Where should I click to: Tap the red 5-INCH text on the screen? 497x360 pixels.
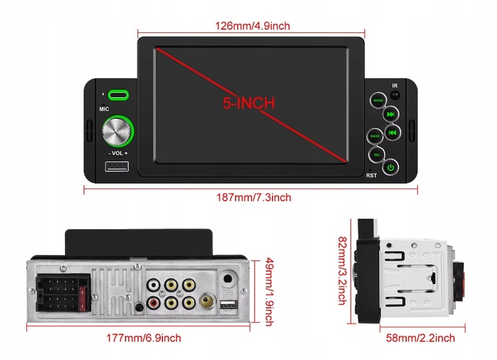(248, 103)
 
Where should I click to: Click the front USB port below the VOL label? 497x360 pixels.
(117, 167)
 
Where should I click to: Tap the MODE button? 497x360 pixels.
(378, 101)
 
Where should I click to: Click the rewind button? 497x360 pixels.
(391, 133)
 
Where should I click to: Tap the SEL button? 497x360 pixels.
(378, 155)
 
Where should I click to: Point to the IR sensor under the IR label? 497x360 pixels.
(396, 95)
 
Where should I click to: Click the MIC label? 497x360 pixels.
(104, 109)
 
